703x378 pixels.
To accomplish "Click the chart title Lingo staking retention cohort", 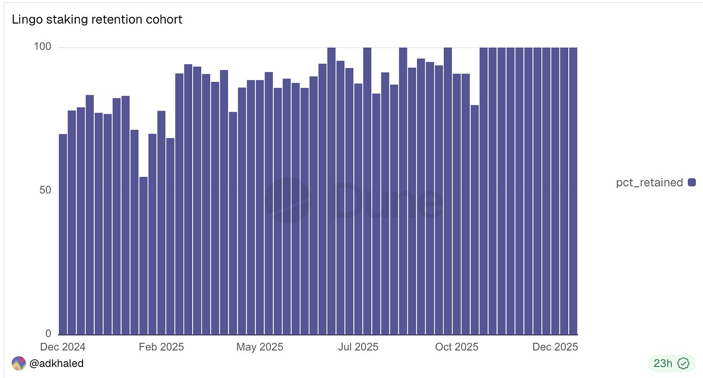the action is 97,19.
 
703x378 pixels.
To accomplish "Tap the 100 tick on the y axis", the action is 42,46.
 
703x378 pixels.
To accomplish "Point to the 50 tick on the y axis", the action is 45,190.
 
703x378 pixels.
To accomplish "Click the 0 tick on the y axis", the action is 48,334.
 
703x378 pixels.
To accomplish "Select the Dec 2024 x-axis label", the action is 63,347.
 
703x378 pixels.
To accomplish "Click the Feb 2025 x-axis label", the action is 161,347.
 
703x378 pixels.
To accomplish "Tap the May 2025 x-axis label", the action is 260,347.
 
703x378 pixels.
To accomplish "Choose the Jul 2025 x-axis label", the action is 358,347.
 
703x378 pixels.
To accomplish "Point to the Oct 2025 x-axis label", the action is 457,347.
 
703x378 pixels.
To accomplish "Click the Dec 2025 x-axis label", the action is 555,347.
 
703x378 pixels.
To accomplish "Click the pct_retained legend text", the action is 649,182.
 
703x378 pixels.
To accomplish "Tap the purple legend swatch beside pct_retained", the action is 692,182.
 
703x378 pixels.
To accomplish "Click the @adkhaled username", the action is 56,363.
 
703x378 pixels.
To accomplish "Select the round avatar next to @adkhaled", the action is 18,363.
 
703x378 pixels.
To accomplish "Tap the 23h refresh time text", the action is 663,363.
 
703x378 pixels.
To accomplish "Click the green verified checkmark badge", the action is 683,363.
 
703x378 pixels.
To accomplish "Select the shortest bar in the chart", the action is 143,256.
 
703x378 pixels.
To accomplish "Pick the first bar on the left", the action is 63,234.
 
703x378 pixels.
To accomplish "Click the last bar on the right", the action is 573,191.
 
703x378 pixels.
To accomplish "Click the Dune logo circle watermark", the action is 287,200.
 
